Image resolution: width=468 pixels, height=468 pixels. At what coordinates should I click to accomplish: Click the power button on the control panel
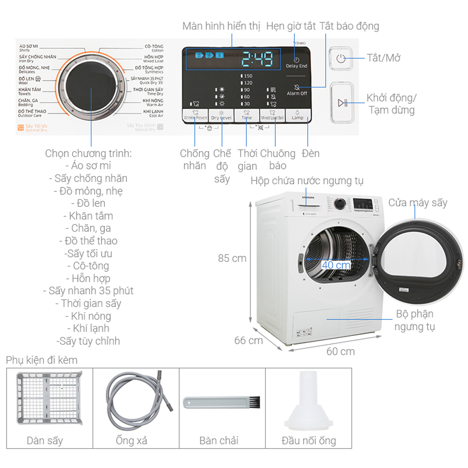[x=341, y=58]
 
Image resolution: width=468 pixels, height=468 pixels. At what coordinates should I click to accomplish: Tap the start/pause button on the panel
[x=341, y=102]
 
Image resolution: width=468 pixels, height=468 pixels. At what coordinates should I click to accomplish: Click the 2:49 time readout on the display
[x=256, y=59]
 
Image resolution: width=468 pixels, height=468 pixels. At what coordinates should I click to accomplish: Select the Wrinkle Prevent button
[x=195, y=116]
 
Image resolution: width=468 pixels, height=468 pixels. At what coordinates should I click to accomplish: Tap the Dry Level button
[x=221, y=116]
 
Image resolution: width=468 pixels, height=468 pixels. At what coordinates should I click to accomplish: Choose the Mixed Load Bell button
[x=272, y=116]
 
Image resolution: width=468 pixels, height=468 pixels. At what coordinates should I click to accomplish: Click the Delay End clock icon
[x=297, y=60]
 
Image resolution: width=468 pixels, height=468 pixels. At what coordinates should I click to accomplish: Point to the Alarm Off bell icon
[x=297, y=87]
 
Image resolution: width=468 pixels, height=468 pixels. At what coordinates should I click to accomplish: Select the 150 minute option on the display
[x=247, y=76]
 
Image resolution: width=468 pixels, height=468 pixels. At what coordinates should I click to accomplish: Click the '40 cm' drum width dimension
[x=336, y=264]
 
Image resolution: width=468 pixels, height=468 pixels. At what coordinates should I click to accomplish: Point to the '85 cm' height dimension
[x=232, y=258]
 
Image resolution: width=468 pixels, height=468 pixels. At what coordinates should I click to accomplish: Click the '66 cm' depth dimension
[x=249, y=340]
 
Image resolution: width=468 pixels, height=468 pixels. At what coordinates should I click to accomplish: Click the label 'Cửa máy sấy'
[x=417, y=203]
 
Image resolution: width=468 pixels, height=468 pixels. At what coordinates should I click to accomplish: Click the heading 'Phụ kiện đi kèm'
[x=42, y=360]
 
